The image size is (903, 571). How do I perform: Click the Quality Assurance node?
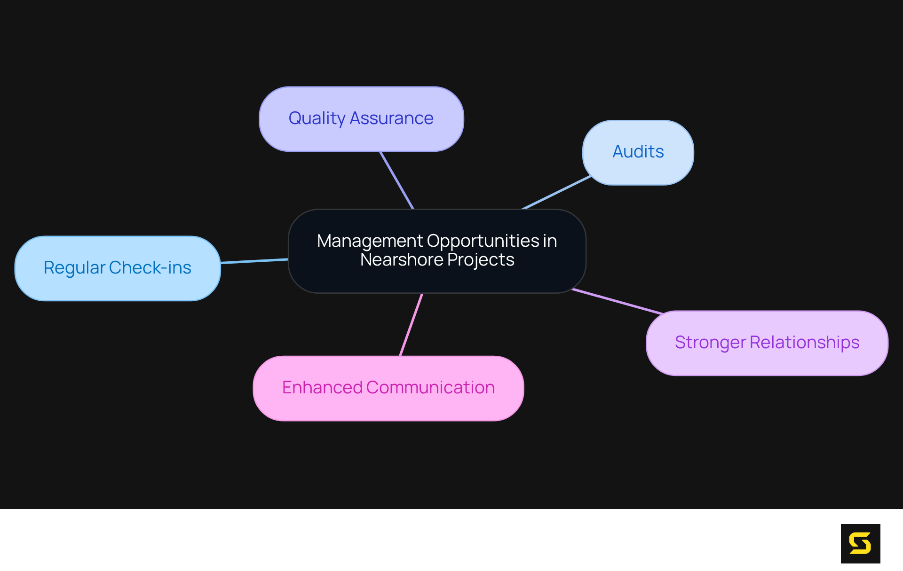361,119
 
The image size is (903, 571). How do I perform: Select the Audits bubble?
638,152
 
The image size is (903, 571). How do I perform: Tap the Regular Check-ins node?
118,268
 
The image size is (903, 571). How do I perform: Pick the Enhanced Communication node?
388,388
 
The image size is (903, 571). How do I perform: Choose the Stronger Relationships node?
767,343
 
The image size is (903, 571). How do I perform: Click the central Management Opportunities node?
437,251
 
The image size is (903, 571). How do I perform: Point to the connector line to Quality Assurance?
396,180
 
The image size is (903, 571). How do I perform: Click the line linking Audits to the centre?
556,192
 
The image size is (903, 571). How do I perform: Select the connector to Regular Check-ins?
254,261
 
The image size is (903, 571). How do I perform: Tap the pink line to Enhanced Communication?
411,325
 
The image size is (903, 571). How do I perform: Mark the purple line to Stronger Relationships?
617,301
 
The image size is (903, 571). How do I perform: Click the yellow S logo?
860,543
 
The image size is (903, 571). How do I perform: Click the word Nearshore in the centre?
401,260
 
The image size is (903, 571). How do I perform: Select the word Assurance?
391,118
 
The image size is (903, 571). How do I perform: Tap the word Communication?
430,388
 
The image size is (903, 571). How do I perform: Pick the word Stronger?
710,343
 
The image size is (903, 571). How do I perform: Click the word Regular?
74,268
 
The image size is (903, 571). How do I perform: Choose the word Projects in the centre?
481,260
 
